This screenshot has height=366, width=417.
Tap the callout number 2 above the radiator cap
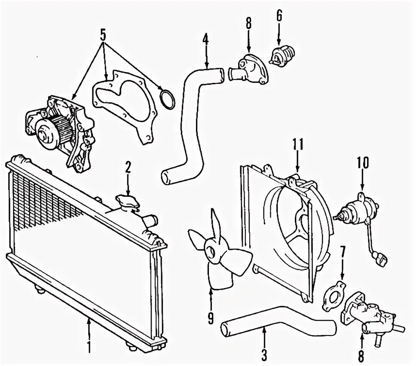coord(128,167)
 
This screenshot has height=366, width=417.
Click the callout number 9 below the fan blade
coord(211,318)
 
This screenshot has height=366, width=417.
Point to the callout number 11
coord(298,144)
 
